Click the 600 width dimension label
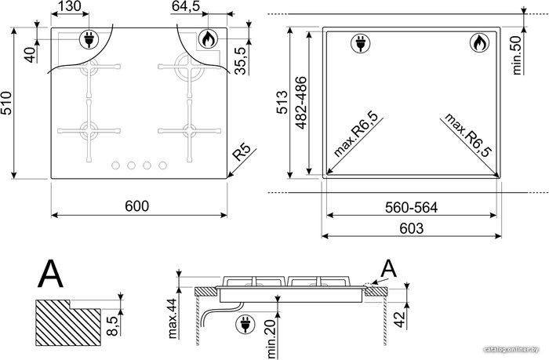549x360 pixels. tap(137, 206)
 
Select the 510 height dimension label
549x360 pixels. tap(6, 103)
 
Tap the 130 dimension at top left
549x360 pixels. tap(68, 6)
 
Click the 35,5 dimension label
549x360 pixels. tap(241, 60)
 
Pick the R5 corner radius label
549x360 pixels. tap(242, 152)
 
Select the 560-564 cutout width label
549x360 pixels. tap(411, 208)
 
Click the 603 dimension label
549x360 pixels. tap(412, 228)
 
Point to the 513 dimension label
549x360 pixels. tap(282, 103)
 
